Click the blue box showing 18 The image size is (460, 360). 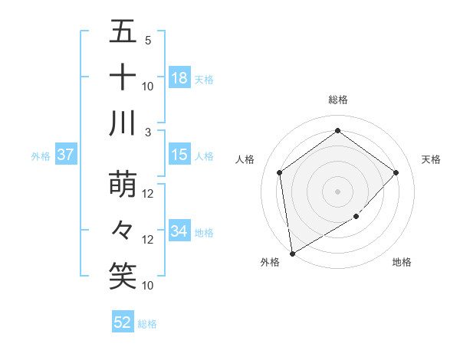179,78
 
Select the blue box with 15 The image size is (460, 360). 179,155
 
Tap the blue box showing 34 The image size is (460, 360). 179,231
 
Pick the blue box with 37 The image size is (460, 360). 65,155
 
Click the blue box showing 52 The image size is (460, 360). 122,322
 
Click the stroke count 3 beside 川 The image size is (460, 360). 146,132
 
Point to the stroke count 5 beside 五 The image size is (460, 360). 147,40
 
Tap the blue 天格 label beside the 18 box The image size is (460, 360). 204,79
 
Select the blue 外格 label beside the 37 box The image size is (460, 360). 41,156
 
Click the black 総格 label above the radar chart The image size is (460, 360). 337,100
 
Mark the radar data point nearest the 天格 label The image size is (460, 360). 396,172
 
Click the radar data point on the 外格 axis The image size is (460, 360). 292,253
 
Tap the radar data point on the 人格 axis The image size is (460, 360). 280,172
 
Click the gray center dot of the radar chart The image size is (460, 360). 337,191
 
